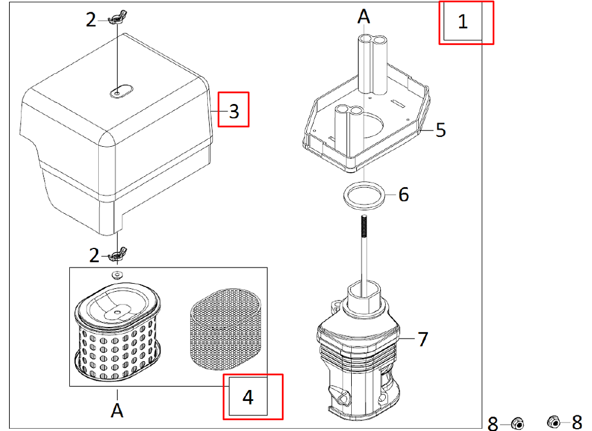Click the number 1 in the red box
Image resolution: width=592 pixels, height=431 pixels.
click(x=463, y=22)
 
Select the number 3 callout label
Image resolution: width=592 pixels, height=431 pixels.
click(x=234, y=110)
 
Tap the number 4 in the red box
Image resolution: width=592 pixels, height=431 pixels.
click(x=248, y=397)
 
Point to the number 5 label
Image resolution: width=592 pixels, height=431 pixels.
click(x=441, y=130)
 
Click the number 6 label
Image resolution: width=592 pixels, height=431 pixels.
click(x=403, y=195)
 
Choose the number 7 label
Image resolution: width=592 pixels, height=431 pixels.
click(x=423, y=339)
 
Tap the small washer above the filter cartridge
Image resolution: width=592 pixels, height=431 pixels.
click(x=117, y=273)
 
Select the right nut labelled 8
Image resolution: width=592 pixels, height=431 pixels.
click(x=554, y=422)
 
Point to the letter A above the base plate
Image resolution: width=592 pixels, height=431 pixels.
click(x=363, y=16)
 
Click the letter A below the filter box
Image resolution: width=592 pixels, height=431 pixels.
click(x=117, y=411)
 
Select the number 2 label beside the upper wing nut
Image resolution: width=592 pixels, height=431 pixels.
click(x=91, y=20)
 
